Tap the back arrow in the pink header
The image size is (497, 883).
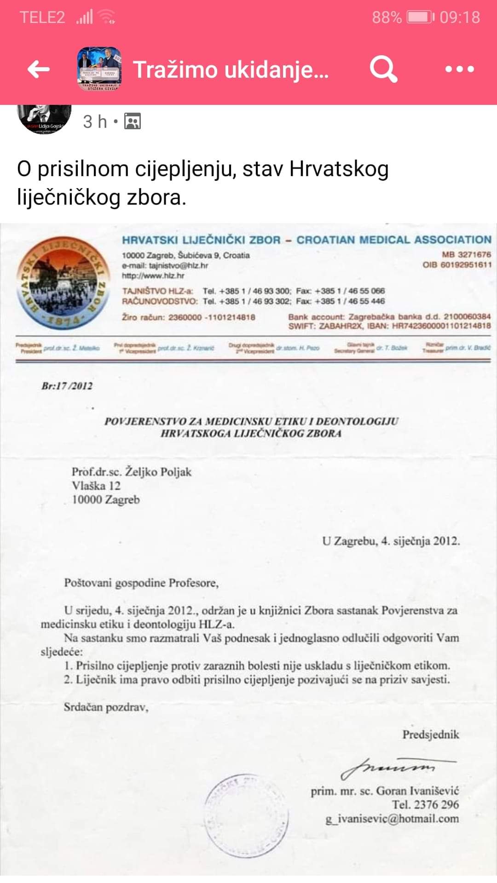[39, 69]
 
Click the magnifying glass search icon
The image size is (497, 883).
[383, 69]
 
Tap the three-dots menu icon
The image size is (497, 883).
[459, 69]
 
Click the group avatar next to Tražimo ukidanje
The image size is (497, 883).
[99, 69]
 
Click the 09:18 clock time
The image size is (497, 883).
[459, 17]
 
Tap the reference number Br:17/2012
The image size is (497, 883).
[67, 386]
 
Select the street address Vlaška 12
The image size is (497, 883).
[96, 486]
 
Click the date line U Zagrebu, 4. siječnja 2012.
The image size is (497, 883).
[391, 541]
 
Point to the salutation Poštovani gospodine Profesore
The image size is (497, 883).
[141, 583]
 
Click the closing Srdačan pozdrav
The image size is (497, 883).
[106, 707]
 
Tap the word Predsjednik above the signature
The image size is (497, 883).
[431, 734]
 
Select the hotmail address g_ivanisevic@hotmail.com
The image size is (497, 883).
[392, 819]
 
